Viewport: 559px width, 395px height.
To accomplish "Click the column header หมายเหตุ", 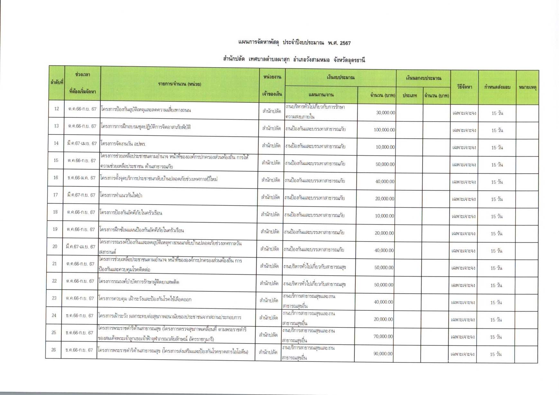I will pos(527,87).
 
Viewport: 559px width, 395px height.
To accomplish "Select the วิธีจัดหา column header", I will pos(464,87).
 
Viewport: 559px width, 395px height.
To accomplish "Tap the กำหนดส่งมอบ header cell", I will pos(497,87).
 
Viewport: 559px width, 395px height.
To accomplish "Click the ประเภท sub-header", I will pos(409,96).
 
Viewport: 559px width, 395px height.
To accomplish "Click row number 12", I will pos(57,109).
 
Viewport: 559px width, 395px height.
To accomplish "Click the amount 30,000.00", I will pos(386,113).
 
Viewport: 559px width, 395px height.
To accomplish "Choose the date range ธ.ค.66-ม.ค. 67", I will pos(81,178).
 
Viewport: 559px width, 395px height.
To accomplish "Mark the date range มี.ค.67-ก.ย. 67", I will pos(81,195).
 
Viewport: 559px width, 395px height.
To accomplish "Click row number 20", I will pos(55,246).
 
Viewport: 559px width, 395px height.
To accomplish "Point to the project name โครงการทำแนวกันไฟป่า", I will pos(121,195).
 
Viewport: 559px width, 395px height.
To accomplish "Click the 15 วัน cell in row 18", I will pos(497,216).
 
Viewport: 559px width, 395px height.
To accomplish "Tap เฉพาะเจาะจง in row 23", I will pos(463,302).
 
